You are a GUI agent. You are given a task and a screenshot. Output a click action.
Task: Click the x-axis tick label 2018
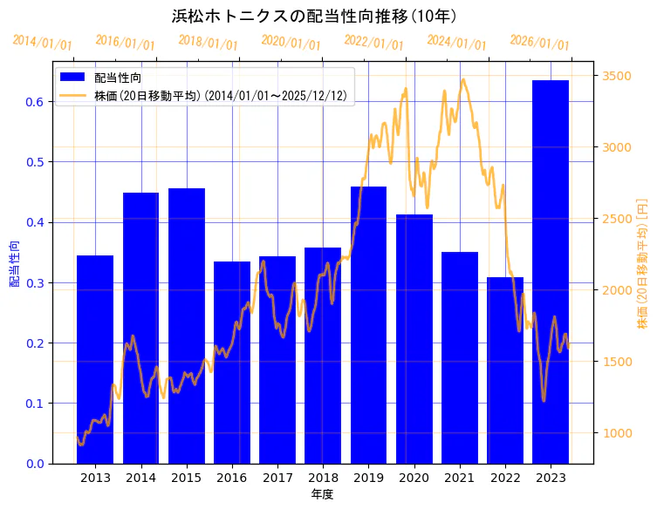[x=323, y=478]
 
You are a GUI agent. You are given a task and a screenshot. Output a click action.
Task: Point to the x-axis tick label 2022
[x=505, y=478]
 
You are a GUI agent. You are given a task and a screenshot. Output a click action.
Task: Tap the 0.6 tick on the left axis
[x=34, y=102]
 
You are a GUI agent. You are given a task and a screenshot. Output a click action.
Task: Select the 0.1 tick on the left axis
[x=34, y=404]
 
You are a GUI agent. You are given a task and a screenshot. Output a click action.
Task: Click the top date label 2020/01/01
[x=291, y=42]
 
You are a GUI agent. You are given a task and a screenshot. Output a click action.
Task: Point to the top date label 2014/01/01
[x=43, y=42]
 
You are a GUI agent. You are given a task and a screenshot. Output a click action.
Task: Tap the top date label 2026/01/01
[x=539, y=43]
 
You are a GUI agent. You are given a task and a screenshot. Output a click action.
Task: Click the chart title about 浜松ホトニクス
[x=315, y=16]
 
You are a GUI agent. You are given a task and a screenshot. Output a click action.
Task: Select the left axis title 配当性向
[x=15, y=263]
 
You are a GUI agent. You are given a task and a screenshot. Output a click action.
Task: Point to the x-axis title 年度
[x=322, y=494]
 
